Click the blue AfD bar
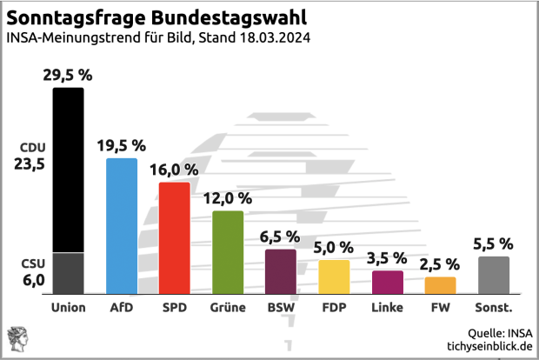click(x=121, y=225)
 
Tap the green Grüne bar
click(x=227, y=251)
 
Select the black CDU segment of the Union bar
click(x=68, y=170)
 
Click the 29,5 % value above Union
click(x=67, y=75)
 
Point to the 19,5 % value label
click(x=121, y=145)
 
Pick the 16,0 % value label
click(x=174, y=169)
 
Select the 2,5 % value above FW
click(x=440, y=263)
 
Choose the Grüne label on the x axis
click(x=227, y=307)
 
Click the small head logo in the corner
click(x=17, y=338)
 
